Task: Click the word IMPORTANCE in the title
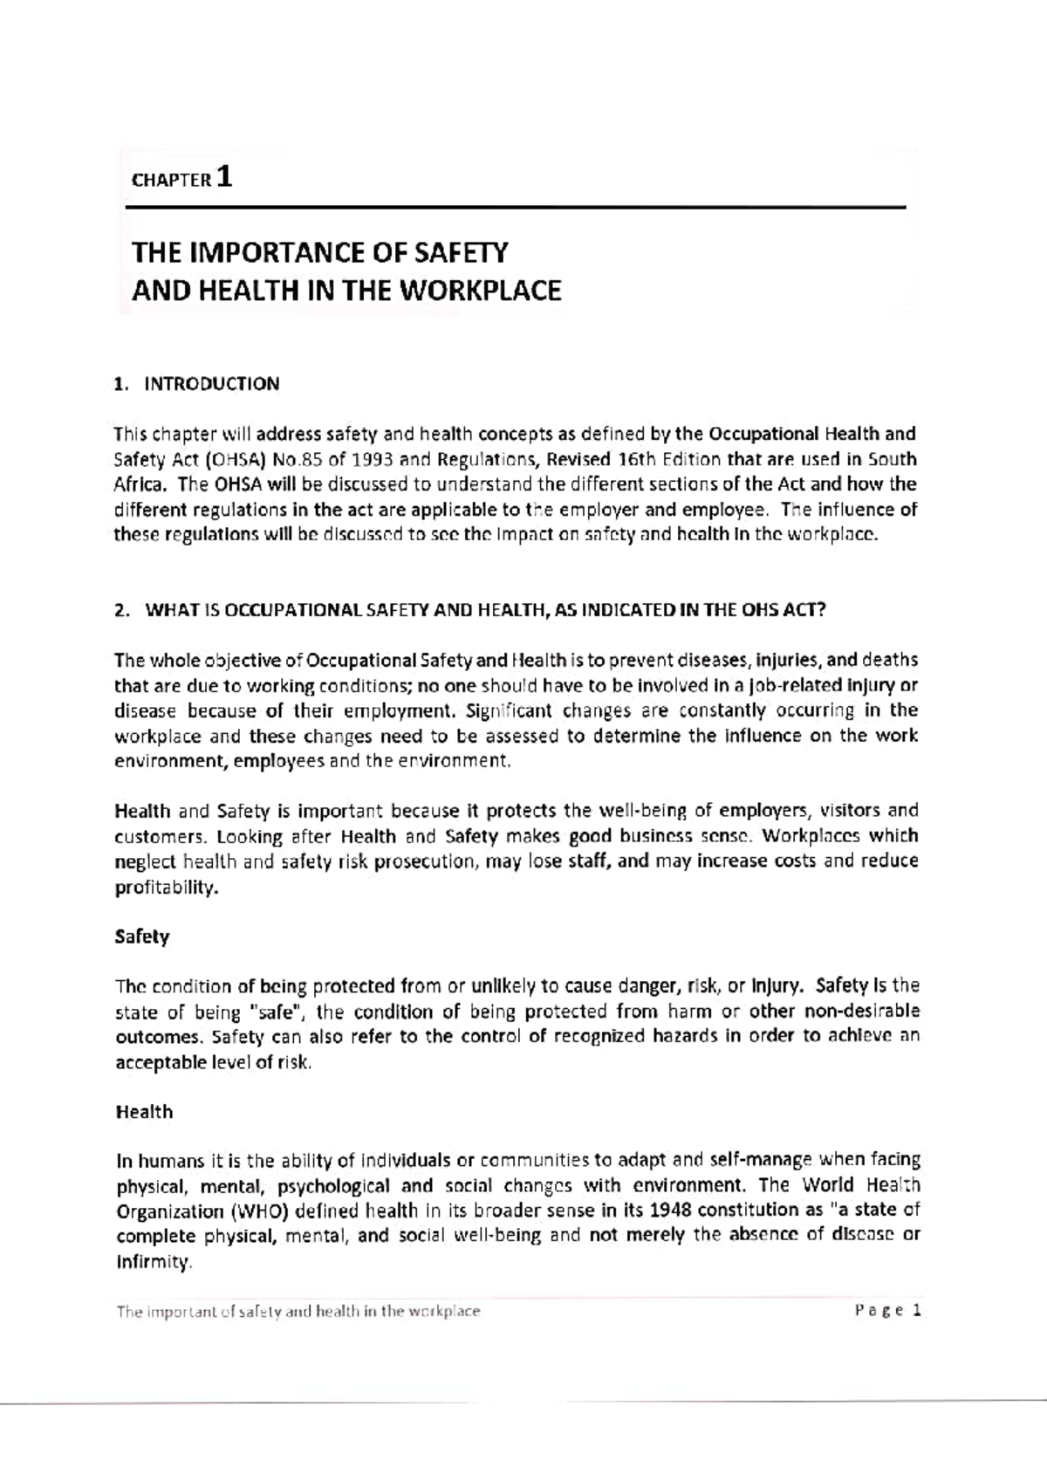click(x=273, y=253)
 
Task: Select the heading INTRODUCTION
click(x=211, y=384)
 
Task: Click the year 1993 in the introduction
click(x=360, y=459)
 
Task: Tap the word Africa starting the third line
click(x=139, y=484)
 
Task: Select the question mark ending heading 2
click(x=820, y=610)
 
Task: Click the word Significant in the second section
click(x=510, y=710)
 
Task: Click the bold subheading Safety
click(x=142, y=937)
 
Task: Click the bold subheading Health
click(x=144, y=1112)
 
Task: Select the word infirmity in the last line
click(x=153, y=1262)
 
